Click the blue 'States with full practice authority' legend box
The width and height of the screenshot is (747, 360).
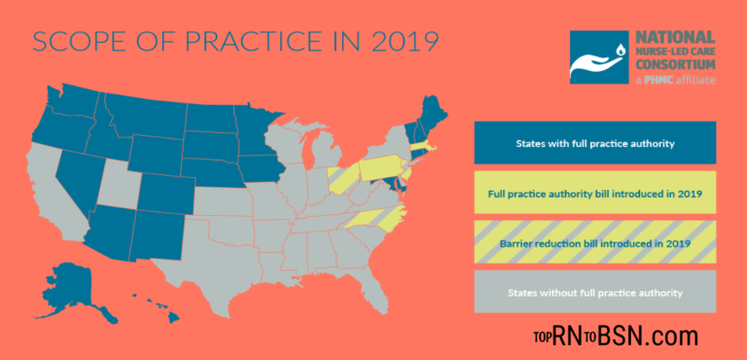coord(595,143)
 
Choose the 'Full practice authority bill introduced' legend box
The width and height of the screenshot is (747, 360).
coord(595,193)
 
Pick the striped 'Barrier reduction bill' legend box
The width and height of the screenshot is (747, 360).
coord(595,242)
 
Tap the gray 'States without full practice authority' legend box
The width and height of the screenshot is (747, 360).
coord(595,292)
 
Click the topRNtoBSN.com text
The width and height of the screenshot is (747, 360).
coord(615,337)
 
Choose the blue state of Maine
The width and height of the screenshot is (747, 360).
coord(430,109)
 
